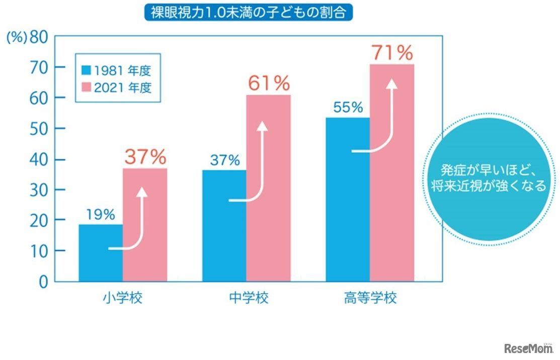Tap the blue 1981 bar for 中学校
click(x=224, y=226)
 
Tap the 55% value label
click(x=347, y=107)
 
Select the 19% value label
click(x=101, y=215)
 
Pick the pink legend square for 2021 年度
click(x=85, y=87)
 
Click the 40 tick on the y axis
click(x=41, y=159)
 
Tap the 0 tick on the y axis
click(x=44, y=282)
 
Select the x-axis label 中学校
click(x=246, y=298)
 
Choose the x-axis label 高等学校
click(x=370, y=298)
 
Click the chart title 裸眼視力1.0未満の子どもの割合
click(x=249, y=12)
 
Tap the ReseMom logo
click(x=528, y=348)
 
